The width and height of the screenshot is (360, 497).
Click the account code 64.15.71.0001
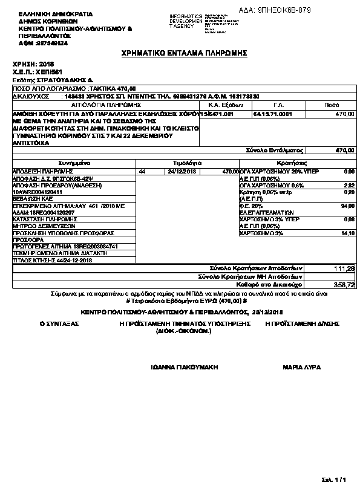[273, 113]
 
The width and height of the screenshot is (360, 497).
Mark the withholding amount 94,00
[347, 206]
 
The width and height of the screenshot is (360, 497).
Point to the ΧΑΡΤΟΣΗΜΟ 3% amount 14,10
[347, 233]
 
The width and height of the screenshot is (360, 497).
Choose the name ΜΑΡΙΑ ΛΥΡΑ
[302, 368]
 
